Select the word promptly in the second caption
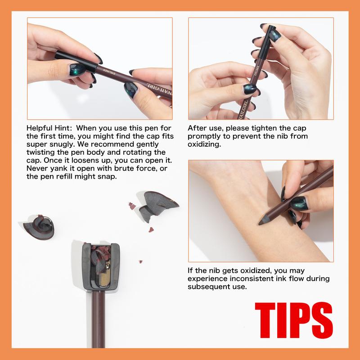pos(205,136)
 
